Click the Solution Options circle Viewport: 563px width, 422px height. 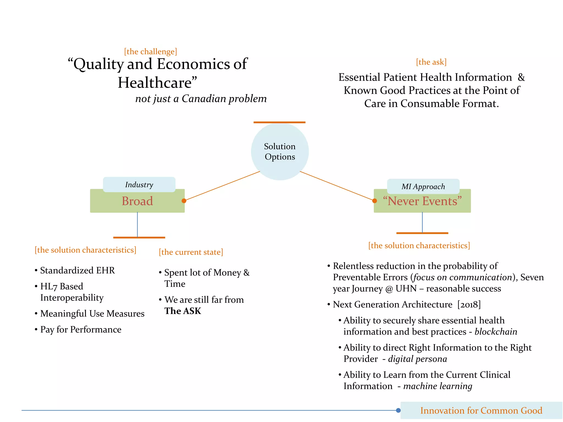pos(280,151)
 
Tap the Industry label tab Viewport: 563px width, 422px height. pos(139,185)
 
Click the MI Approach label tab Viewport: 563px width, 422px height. pos(423,187)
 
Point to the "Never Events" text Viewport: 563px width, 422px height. pos(422,201)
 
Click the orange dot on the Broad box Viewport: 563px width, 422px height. pos(184,201)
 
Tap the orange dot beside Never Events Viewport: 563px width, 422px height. pos(374,201)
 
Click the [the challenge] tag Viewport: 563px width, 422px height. pos(150,52)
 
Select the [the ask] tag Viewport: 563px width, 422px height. pos(431,62)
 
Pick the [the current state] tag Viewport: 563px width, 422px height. pos(191,252)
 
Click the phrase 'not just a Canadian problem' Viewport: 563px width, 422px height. pos(201,99)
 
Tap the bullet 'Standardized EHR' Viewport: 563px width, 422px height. pos(77,270)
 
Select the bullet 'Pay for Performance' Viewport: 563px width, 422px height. pos(81,329)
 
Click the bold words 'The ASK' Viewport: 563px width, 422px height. pos(183,311)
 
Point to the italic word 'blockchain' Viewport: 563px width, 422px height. pos(496,332)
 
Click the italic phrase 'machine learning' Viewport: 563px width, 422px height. pos(438,386)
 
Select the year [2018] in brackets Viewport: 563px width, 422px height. pos(469,304)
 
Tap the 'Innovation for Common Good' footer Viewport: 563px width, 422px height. pos(481,410)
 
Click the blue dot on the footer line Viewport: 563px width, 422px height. pos(398,410)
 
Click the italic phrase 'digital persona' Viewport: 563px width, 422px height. pos(417,359)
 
